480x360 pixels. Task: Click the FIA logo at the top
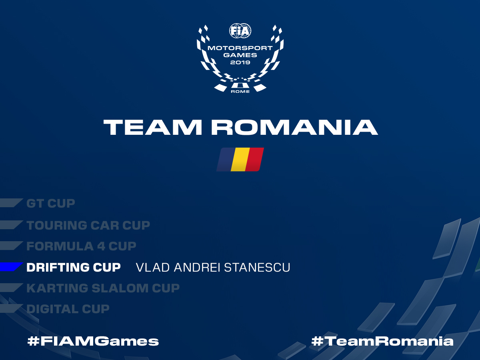[240, 31]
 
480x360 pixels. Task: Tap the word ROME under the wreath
[240, 92]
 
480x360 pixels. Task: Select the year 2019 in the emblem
[240, 62]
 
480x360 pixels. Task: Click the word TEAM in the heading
[153, 128]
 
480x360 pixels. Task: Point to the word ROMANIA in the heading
[294, 128]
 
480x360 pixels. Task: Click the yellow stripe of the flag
[240, 159]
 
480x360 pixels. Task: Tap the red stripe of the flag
[254, 159]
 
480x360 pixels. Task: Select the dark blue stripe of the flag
[226, 159]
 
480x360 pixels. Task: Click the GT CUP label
[51, 204]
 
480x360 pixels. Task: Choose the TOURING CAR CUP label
[88, 225]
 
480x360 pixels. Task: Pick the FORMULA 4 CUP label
[81, 246]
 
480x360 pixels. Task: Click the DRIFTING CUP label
[74, 267]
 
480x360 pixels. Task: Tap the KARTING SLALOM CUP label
[103, 288]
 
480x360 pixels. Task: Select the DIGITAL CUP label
[68, 309]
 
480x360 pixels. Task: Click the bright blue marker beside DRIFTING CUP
[11, 267]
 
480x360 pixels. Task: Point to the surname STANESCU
[257, 268]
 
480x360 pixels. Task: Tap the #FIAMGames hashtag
[93, 341]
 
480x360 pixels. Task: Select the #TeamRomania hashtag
[382, 341]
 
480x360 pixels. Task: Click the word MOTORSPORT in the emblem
[240, 48]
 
